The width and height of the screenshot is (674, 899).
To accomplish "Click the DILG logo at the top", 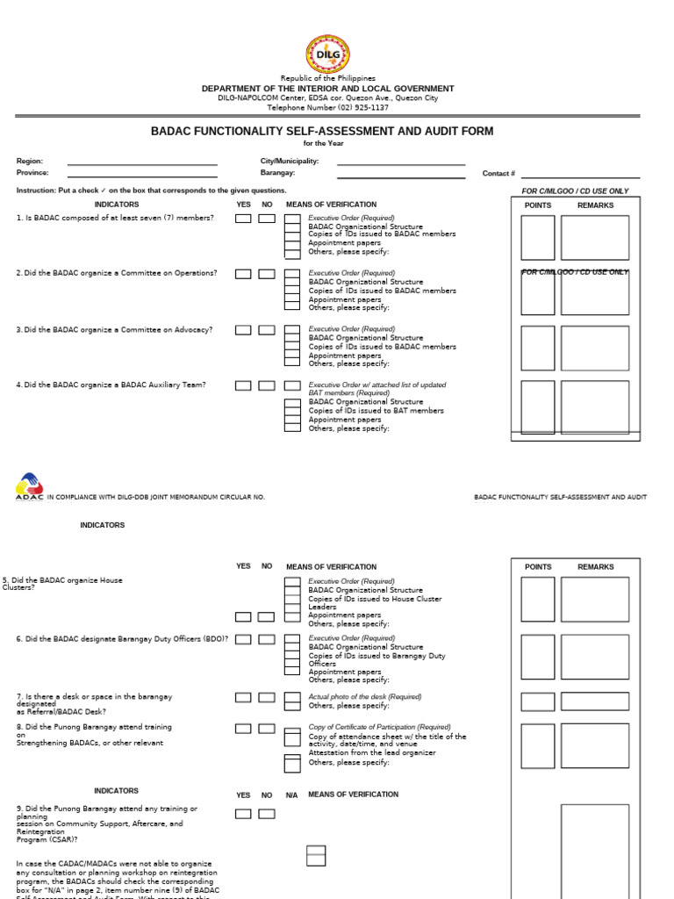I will coord(327,54).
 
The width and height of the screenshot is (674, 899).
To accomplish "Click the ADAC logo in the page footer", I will coord(28,487).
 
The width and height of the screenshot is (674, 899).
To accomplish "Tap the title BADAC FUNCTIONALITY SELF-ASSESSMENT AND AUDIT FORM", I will coord(322,132).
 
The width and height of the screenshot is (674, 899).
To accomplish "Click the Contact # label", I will coord(498,174).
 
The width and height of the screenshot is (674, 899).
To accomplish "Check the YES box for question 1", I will coord(243,219).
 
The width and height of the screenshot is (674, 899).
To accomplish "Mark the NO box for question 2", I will coord(266,274).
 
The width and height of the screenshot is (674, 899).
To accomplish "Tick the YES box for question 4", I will coord(243,385).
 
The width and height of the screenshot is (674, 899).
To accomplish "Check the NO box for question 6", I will coord(266,639).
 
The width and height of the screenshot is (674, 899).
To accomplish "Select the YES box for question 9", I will coord(243,814).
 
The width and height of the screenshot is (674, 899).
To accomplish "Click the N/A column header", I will coord(291,795).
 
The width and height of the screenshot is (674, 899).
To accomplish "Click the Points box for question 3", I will coord(537,349).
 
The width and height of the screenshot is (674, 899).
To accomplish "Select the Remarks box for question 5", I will coord(594,599).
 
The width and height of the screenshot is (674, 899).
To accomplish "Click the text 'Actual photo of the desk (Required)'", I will coord(364,696).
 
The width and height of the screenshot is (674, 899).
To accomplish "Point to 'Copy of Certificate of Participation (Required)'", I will coord(379,727).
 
